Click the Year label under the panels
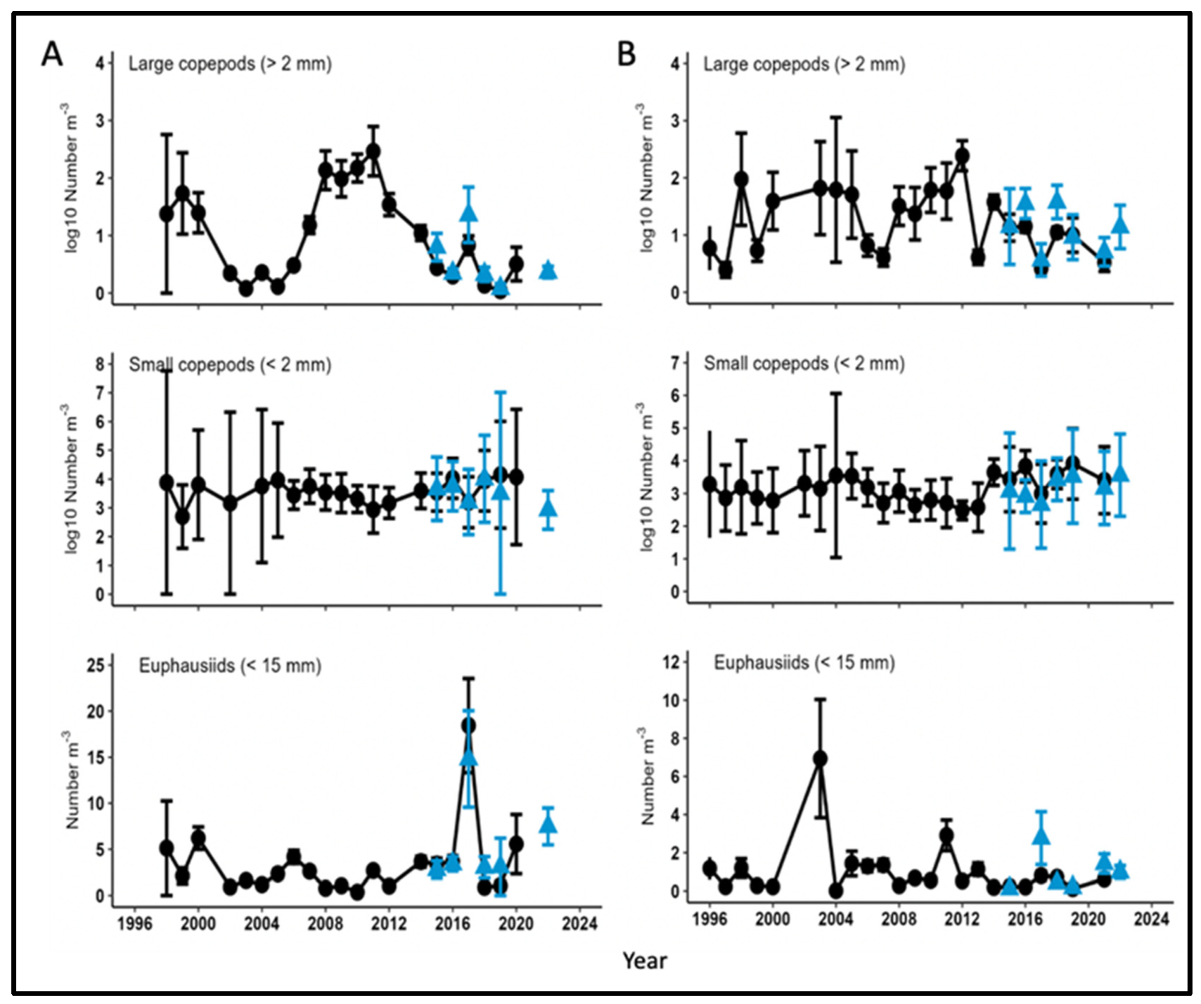click(645, 961)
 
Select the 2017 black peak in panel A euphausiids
click(468, 725)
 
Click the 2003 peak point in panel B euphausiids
click(820, 759)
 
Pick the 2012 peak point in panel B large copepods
click(962, 155)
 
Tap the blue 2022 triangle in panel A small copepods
click(548, 507)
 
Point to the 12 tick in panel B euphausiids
click(673, 662)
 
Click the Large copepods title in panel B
click(804, 64)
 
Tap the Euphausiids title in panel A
click(230, 666)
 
